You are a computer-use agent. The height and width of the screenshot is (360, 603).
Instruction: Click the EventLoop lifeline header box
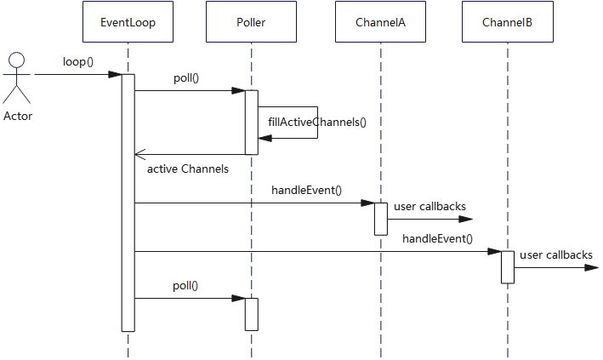pos(128,22)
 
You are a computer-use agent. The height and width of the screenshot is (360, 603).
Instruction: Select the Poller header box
pos(251,22)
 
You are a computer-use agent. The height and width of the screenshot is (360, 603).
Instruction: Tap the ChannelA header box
pos(380,22)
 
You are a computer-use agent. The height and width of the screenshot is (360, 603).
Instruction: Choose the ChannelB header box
pos(507,22)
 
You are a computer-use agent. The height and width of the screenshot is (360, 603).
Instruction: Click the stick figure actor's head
pos(17,60)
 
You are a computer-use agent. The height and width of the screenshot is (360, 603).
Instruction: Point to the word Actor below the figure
pos(17,117)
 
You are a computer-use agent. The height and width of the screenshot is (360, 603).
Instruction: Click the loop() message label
pos(78,62)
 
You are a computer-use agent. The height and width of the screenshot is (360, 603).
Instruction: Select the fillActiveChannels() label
pos(316,122)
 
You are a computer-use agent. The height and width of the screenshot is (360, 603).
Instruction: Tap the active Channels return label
pos(187,169)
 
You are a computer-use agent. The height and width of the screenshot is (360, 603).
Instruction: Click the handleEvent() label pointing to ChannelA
pos(306,189)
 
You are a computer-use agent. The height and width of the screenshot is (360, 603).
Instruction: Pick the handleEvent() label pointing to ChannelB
pos(437,238)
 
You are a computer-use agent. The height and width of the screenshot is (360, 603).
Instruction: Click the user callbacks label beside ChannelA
pos(429,206)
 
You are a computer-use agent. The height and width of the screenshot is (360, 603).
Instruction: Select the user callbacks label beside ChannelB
pos(555,254)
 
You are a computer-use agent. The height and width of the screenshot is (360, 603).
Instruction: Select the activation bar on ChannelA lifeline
pos(380,219)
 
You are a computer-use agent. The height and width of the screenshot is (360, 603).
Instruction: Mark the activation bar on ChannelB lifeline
pos(507,266)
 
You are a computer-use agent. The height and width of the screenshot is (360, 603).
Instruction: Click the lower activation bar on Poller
pos(251,314)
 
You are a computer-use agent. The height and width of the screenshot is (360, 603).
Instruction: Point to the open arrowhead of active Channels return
pos(140,155)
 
